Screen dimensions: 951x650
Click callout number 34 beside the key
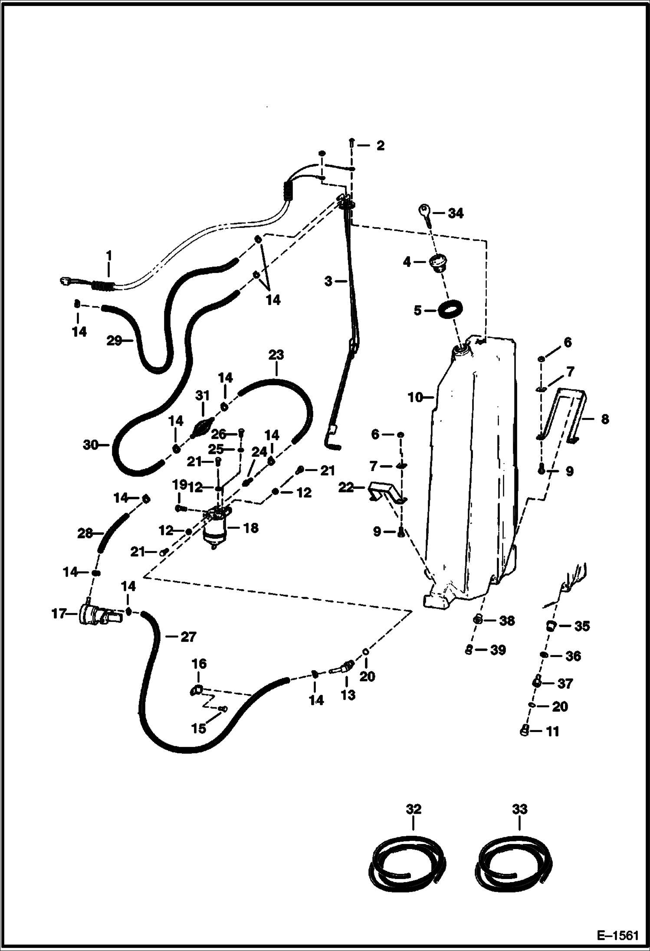pos(455,213)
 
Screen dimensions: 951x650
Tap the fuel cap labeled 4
pos(437,263)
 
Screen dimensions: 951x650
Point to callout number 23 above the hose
pos(276,355)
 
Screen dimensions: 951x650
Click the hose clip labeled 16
pos(197,690)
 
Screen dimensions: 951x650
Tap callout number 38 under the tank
pos(506,621)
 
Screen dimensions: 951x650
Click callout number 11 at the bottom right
pos(552,732)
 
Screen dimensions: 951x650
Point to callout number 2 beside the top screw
pos(380,145)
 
